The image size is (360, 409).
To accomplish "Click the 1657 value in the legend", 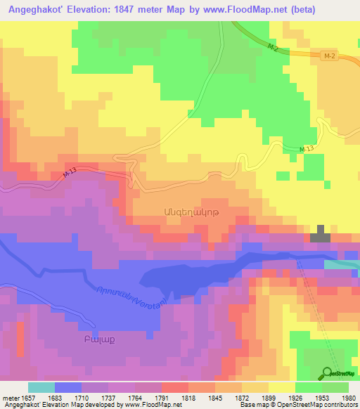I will [28, 398].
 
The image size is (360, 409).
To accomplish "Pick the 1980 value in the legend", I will [349, 398].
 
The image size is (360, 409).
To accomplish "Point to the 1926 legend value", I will [295, 398].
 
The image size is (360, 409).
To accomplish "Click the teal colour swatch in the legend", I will [41, 387].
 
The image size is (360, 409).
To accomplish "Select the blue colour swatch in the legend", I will [67, 387].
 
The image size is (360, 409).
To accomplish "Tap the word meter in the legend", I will [10, 398].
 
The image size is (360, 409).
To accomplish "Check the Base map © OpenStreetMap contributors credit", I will [296, 405].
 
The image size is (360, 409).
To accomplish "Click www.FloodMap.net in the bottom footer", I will [147, 405].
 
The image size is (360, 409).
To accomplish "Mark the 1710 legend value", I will [82, 398].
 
